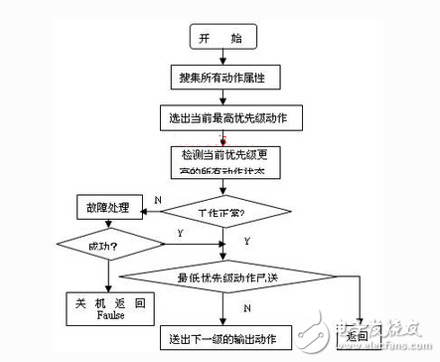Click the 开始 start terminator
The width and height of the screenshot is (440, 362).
pyautogui.click(x=221, y=37)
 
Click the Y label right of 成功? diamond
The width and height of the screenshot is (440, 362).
pyautogui.click(x=179, y=234)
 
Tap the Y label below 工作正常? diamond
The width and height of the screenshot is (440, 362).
pyautogui.click(x=246, y=240)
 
